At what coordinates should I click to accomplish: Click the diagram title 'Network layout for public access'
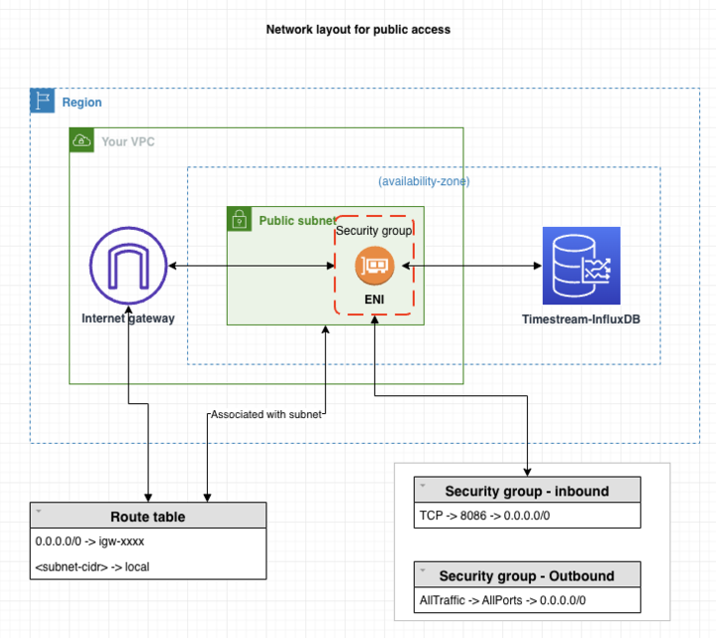coord(358,30)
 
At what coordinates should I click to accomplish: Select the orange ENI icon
coord(376,266)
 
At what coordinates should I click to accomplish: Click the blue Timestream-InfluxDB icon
coord(581,266)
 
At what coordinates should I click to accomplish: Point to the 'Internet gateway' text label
coord(128,319)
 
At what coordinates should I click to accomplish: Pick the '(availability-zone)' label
coord(424,181)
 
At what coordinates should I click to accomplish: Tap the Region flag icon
coord(42,101)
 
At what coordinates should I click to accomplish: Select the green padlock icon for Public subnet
coord(239,219)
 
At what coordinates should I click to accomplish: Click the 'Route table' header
coord(147,517)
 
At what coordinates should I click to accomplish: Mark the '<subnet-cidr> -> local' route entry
coord(91,566)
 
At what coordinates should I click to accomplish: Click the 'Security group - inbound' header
coord(526,491)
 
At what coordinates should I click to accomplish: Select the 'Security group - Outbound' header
coord(526,575)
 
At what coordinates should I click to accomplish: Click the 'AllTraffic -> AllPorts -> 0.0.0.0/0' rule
coord(503,600)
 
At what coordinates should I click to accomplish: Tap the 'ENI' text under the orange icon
coord(376,298)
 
